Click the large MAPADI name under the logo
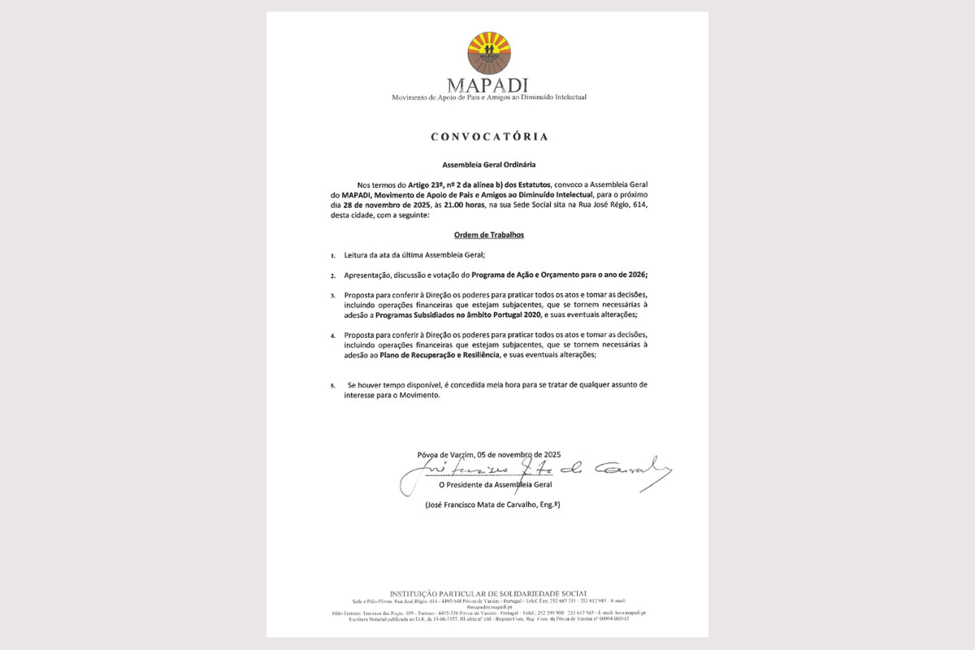[488, 85]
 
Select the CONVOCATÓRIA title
[489, 136]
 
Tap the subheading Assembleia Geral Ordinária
[489, 164]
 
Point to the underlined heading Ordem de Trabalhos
[488, 235]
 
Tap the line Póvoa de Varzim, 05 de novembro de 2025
[488, 454]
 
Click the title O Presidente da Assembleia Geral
[495, 485]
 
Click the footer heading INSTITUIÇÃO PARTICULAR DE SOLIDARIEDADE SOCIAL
[488, 593]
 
